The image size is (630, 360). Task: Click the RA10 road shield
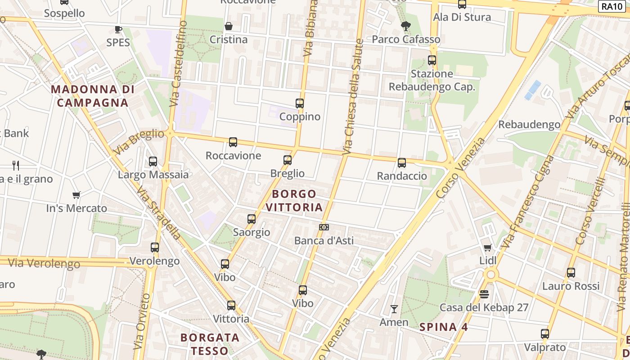pyautogui.click(x=613, y=6)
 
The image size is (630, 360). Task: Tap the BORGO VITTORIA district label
pyautogui.click(x=294, y=201)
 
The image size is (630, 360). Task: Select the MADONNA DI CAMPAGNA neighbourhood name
pyautogui.click(x=93, y=96)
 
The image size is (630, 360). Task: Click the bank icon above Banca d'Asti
pyautogui.click(x=324, y=227)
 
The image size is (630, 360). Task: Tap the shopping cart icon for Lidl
pyautogui.click(x=487, y=247)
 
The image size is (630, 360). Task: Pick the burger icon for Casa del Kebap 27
pyautogui.click(x=484, y=294)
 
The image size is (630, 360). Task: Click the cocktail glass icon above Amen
pyautogui.click(x=394, y=309)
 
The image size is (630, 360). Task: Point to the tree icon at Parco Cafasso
pyautogui.click(x=405, y=26)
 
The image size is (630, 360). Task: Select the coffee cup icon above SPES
pyautogui.click(x=118, y=29)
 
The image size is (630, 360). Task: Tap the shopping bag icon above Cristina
pyautogui.click(x=229, y=26)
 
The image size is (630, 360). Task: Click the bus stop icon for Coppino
pyautogui.click(x=300, y=103)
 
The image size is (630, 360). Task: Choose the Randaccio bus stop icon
pyautogui.click(x=402, y=163)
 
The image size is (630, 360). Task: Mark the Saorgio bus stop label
pyautogui.click(x=252, y=232)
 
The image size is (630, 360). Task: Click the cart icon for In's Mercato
pyautogui.click(x=76, y=195)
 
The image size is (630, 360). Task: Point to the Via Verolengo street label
pyautogui.click(x=44, y=263)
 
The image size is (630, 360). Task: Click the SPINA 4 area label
pyautogui.click(x=444, y=327)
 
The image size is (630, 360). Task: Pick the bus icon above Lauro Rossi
pyautogui.click(x=571, y=273)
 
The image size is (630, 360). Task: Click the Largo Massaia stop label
pyautogui.click(x=153, y=175)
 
